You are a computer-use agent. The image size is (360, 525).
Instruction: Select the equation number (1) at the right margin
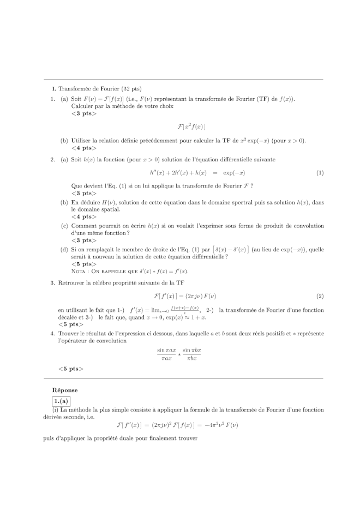pyautogui.click(x=320, y=173)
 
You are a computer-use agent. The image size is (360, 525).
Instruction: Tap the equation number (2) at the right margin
pyautogui.click(x=320, y=296)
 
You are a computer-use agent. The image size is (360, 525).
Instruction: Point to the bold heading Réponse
pyautogui.click(x=65, y=390)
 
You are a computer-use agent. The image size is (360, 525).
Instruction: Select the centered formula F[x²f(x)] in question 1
pyautogui.click(x=191, y=126)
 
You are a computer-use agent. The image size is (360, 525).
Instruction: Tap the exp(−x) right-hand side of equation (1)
pyautogui.click(x=234, y=173)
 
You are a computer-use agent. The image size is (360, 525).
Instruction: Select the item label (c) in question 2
pyautogui.click(x=64, y=226)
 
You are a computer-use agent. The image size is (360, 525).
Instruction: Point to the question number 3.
pyautogui.click(x=52, y=283)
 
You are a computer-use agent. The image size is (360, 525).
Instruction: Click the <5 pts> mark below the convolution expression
pyautogui.click(x=71, y=369)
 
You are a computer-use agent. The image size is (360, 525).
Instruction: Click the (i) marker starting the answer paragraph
pyautogui.click(x=55, y=409)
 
